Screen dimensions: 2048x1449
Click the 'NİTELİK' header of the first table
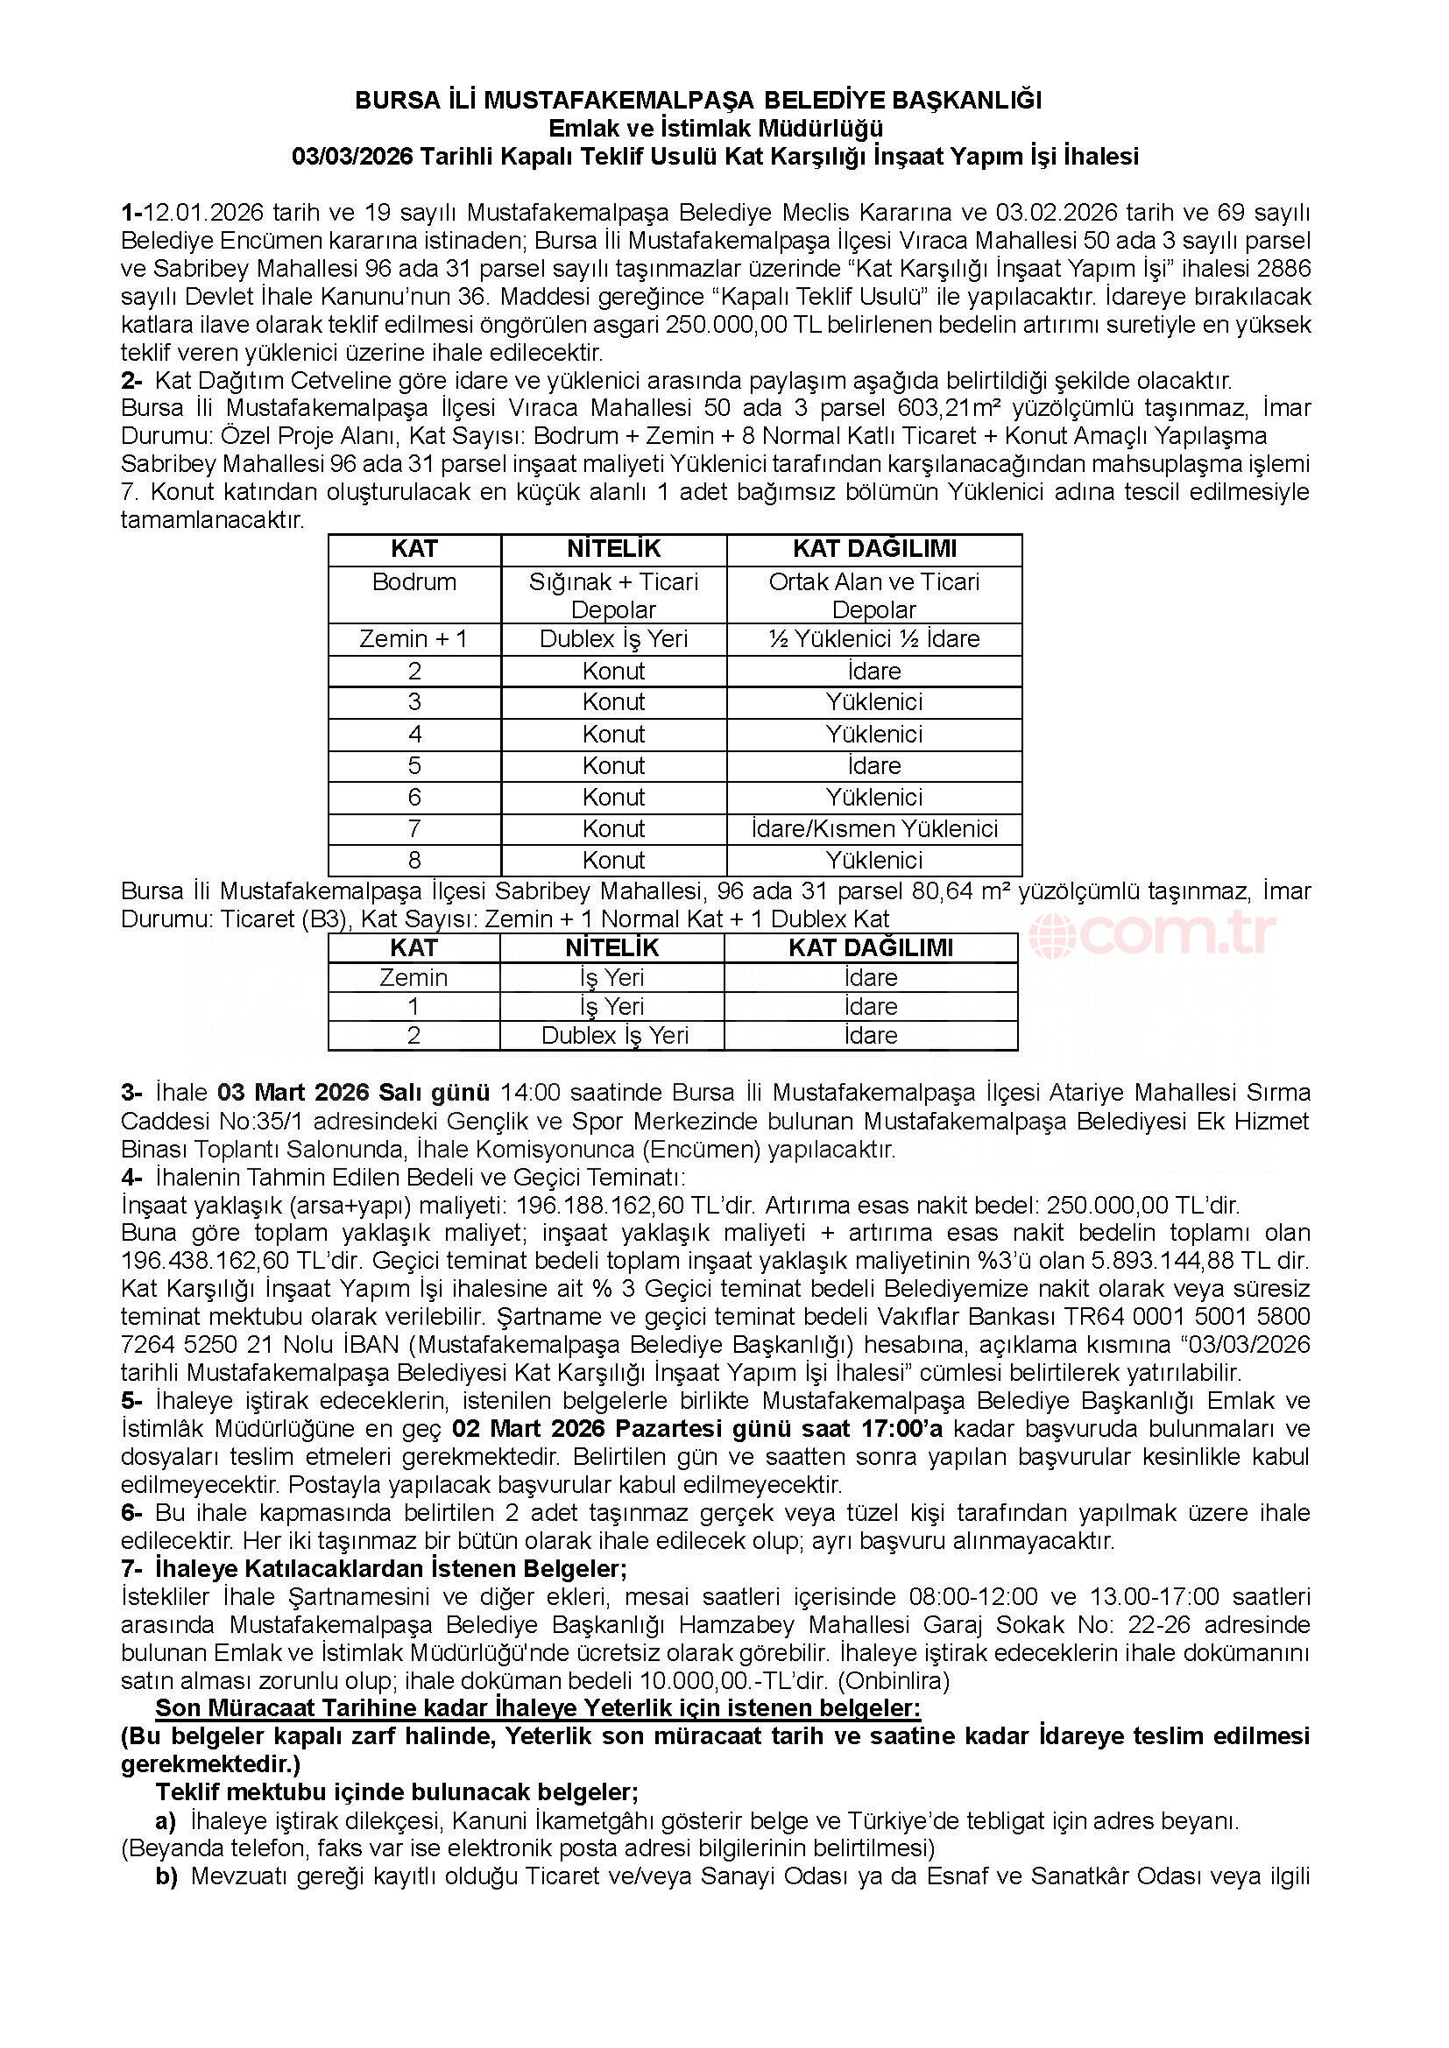click(x=614, y=549)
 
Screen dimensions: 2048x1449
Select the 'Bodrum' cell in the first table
click(x=414, y=582)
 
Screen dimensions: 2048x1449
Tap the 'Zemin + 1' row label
click(x=413, y=638)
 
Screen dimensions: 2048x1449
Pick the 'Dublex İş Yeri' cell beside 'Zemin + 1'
click(x=614, y=638)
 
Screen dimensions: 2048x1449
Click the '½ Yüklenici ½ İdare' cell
click(x=873, y=638)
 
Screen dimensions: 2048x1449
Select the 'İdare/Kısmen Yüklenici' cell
click(x=873, y=828)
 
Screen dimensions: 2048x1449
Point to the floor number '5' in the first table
click(x=414, y=765)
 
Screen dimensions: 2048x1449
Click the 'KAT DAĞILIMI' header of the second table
click(x=870, y=947)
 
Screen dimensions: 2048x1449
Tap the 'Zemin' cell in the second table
click(x=413, y=978)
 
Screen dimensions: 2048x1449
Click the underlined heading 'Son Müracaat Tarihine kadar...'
click(x=538, y=1708)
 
